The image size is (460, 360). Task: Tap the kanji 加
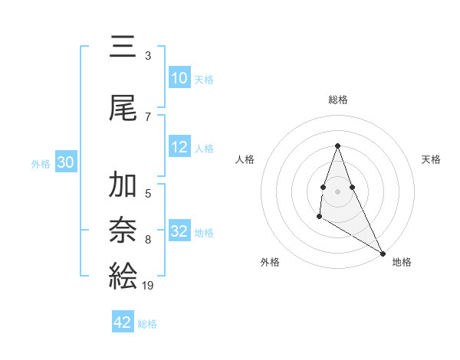tap(123, 186)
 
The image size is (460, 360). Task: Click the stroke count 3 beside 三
tap(148, 56)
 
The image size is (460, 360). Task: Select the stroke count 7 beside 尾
tap(148, 116)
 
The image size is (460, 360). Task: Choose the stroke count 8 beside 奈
tap(148, 240)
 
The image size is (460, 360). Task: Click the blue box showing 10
tap(179, 78)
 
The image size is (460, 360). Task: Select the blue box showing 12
tap(179, 148)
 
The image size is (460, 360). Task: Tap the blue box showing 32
tap(179, 231)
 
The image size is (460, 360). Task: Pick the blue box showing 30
tap(65, 162)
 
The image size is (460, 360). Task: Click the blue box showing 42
tap(123, 322)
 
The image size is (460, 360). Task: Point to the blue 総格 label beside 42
tap(147, 324)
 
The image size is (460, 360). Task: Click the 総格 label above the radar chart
tap(337, 100)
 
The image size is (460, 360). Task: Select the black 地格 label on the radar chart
tap(402, 262)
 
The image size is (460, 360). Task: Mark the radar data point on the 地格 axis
tap(383, 253)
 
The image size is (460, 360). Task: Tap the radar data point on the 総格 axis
tap(337, 146)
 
